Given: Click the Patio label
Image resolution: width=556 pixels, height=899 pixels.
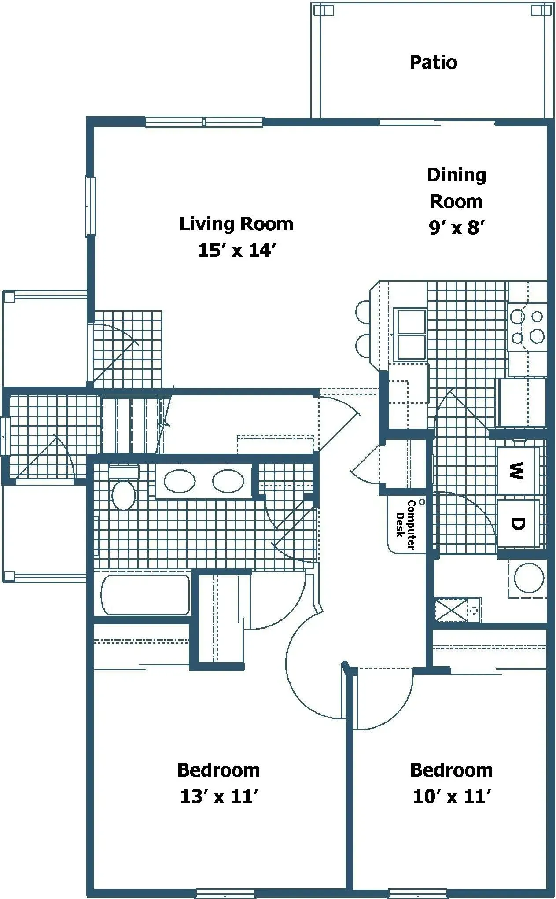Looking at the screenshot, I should pos(433,63).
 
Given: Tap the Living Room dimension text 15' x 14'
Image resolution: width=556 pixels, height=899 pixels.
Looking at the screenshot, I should pos(237,251).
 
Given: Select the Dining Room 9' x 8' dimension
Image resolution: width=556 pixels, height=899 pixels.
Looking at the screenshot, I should pos(457,228).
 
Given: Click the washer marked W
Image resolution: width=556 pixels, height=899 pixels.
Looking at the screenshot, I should pos(517,471).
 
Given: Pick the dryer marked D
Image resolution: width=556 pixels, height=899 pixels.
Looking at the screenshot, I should pos(518,523).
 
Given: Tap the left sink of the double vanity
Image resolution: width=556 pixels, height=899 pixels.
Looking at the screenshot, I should pos(180,481).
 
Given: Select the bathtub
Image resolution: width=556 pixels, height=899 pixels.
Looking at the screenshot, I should pos(146,595).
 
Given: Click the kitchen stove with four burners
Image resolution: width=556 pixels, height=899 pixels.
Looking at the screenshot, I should pos(527,327).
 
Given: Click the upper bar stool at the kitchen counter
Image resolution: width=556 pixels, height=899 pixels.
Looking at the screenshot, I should pos(364,311).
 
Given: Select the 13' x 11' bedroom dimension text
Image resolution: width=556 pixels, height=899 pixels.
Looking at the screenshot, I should pos(218,796).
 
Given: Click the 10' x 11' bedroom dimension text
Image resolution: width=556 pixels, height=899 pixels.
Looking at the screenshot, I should pos(452,796).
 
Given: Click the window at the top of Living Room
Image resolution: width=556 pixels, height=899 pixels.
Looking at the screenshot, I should pos(204,122).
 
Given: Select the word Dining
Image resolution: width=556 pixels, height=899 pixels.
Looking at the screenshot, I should pos(457,175).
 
